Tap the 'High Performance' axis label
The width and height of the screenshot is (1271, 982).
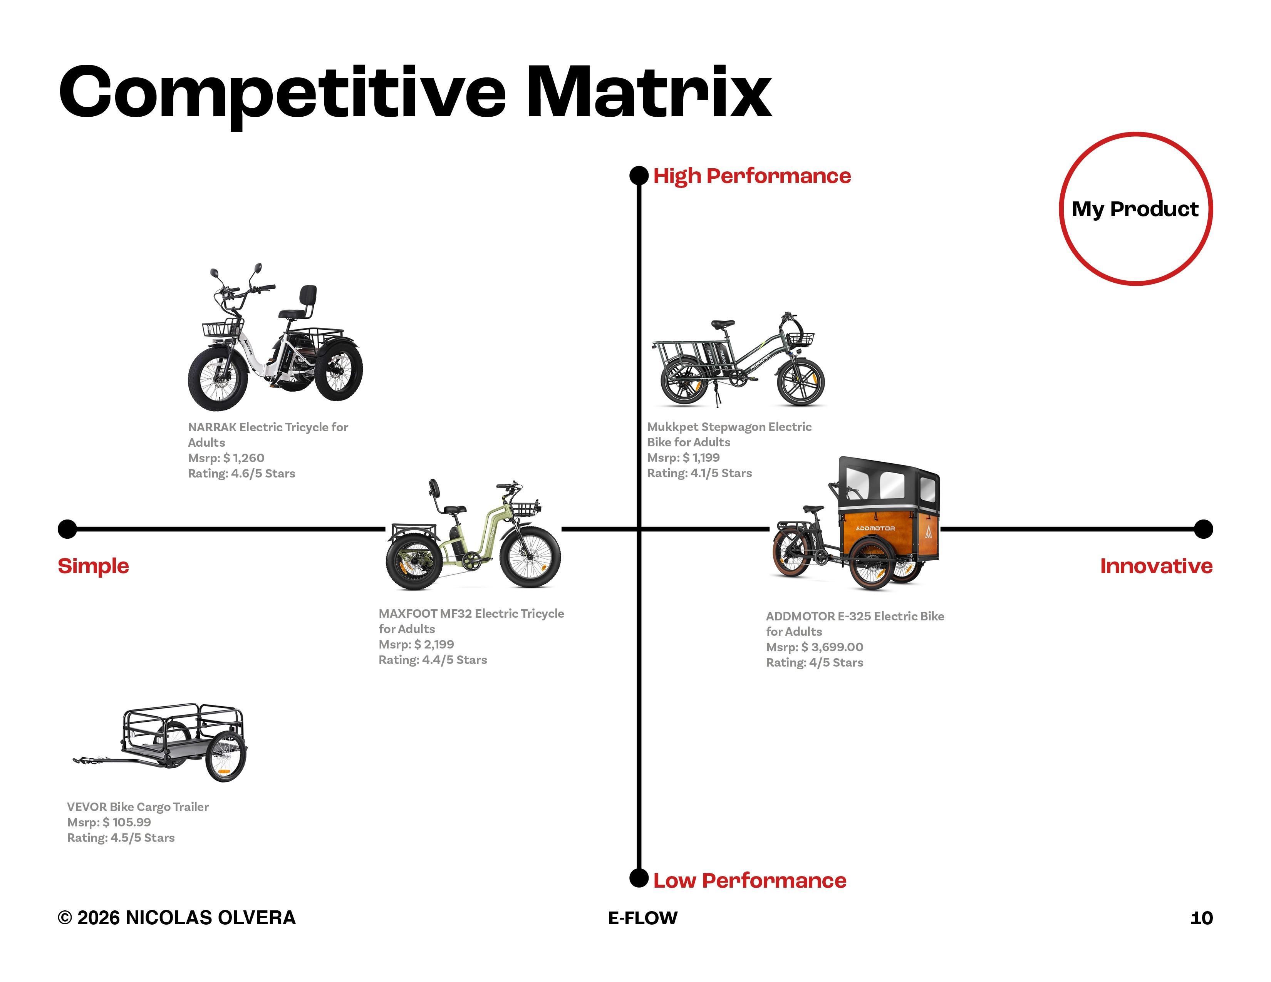[751, 176]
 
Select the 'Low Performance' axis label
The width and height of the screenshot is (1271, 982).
[749, 880]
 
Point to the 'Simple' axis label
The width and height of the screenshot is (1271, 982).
[93, 565]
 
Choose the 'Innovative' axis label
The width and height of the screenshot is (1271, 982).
[1156, 565]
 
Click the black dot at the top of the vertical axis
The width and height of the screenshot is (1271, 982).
[639, 176]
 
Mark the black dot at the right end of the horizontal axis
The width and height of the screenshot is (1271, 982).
[1203, 529]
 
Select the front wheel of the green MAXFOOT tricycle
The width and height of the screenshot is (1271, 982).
[530, 556]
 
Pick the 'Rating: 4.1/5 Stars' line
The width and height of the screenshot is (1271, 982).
[699, 473]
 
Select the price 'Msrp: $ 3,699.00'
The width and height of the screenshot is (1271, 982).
[814, 647]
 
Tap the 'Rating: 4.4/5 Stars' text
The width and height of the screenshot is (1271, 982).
[433, 660]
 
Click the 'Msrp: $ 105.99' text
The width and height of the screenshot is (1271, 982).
[109, 822]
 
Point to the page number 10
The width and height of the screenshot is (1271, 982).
[1201, 918]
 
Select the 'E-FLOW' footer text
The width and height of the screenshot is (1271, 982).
[642, 918]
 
